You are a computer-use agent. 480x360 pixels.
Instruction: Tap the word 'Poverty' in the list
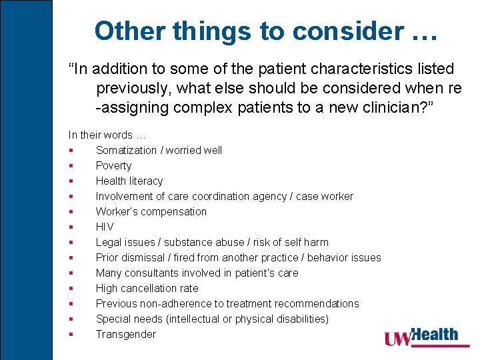113,165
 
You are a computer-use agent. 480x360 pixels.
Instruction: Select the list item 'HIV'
105,227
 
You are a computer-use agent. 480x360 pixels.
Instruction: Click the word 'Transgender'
125,334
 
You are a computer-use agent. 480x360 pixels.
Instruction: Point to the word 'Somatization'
126,150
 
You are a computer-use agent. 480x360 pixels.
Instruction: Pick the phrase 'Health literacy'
129,181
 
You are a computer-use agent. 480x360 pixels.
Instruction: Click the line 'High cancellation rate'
147,288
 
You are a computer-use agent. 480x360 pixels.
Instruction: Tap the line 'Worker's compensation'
151,211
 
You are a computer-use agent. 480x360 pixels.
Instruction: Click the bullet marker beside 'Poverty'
71,166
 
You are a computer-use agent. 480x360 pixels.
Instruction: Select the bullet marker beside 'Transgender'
71,335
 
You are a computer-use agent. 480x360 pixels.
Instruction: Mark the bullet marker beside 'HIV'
71,227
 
